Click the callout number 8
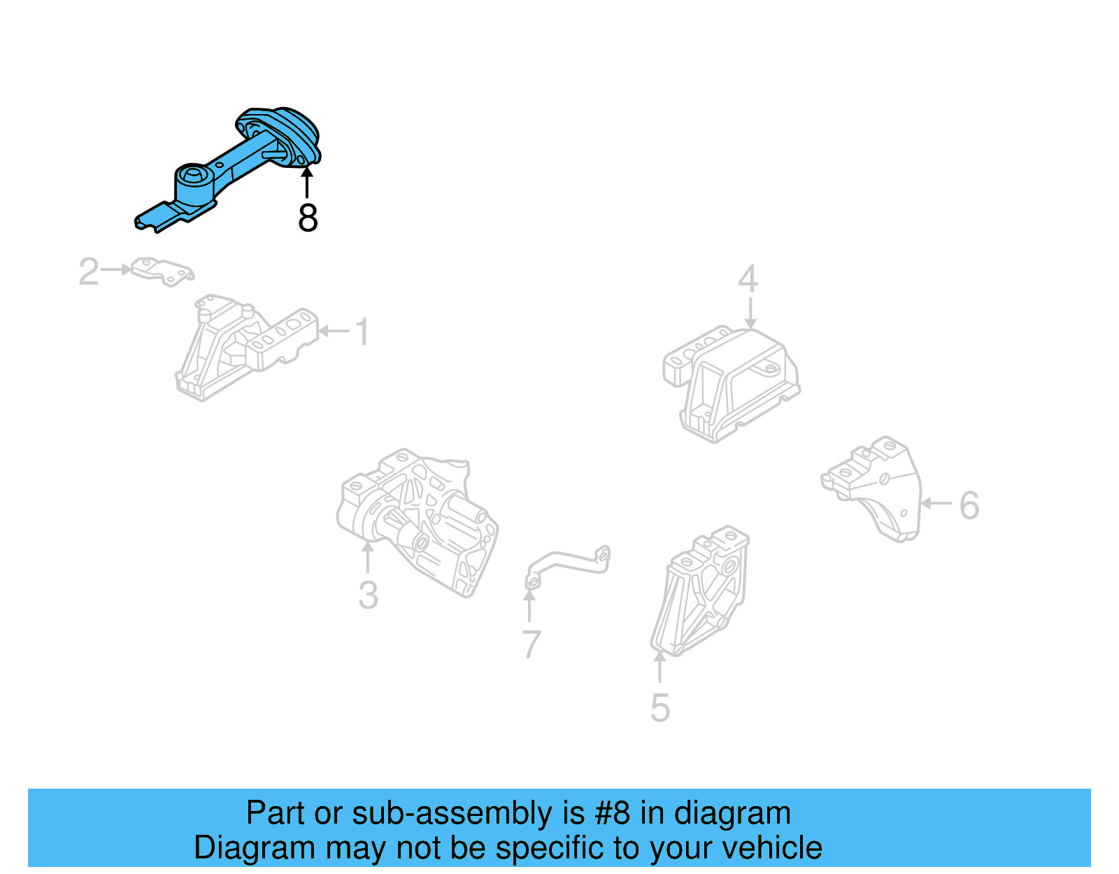(x=308, y=218)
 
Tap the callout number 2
(x=88, y=272)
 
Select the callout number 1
(x=362, y=332)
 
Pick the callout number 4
(x=748, y=279)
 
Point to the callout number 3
(x=368, y=595)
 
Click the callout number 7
(x=531, y=644)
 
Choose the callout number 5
(x=660, y=708)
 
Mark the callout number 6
(x=969, y=505)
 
